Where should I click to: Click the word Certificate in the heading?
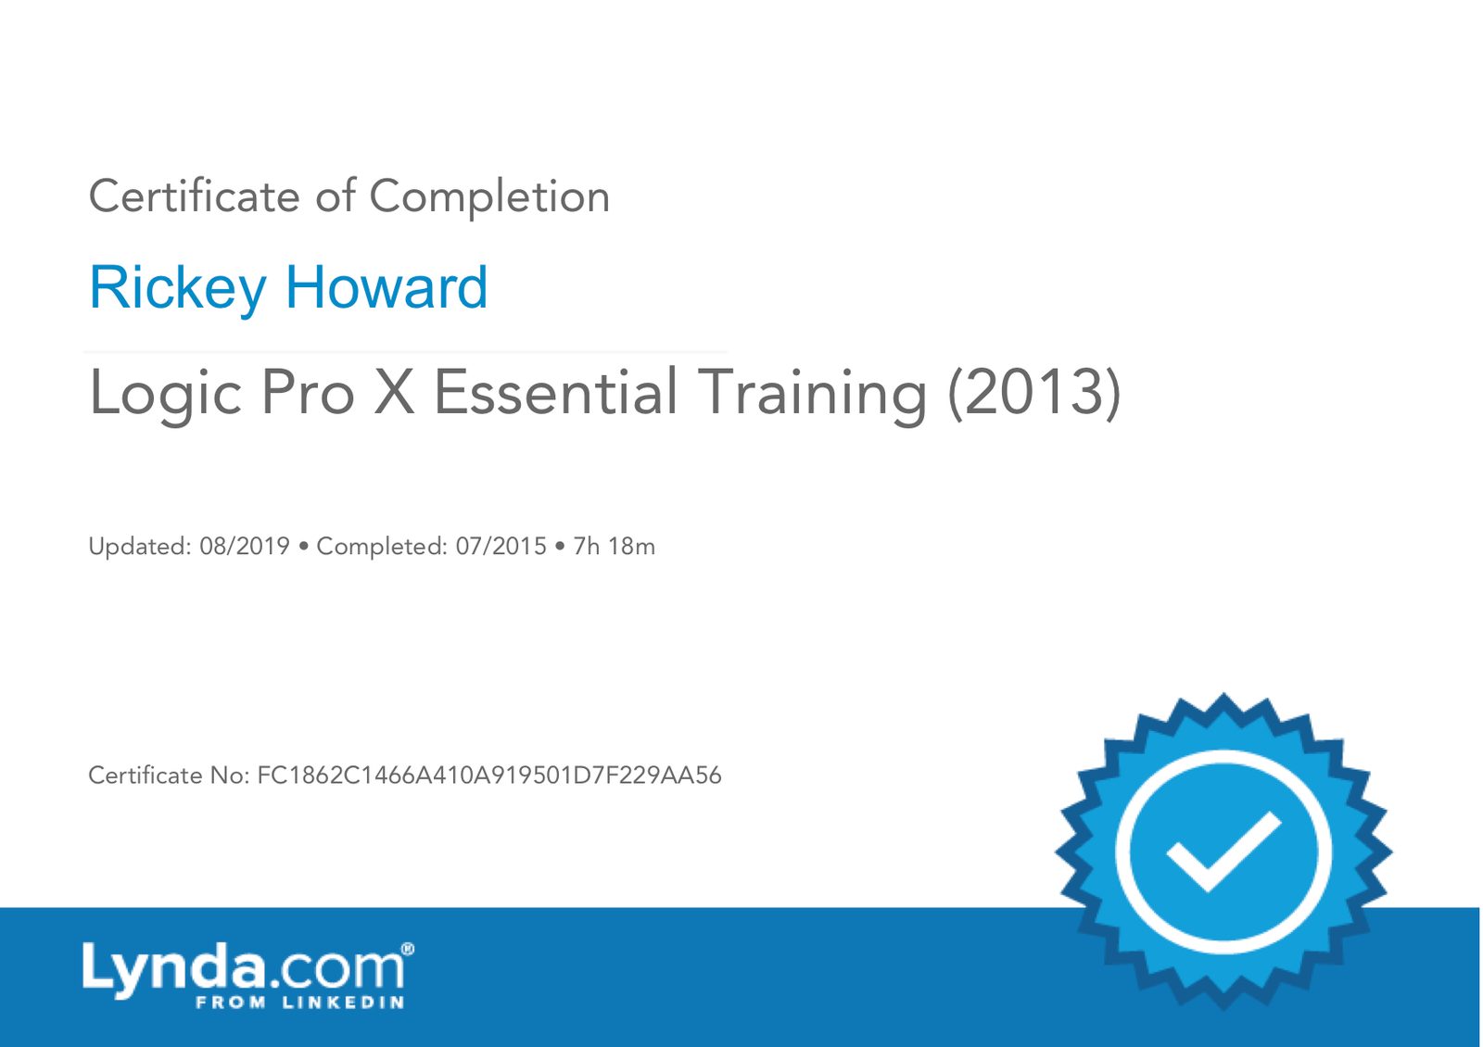tap(195, 196)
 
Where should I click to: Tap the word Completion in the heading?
tap(489, 197)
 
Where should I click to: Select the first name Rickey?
tap(177, 288)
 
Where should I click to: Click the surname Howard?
tap(387, 287)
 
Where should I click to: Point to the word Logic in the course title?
tap(166, 394)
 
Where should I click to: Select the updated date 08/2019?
tap(245, 547)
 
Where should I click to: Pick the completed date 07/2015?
tap(501, 547)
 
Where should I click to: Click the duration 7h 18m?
tap(614, 547)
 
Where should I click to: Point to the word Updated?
tap(140, 548)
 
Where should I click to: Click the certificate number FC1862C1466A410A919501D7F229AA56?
tap(489, 776)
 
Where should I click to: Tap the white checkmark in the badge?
tap(1223, 851)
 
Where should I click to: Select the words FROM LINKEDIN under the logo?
tap(300, 1002)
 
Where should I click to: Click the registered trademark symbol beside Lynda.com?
tap(408, 949)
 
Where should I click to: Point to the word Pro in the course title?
tap(308, 393)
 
